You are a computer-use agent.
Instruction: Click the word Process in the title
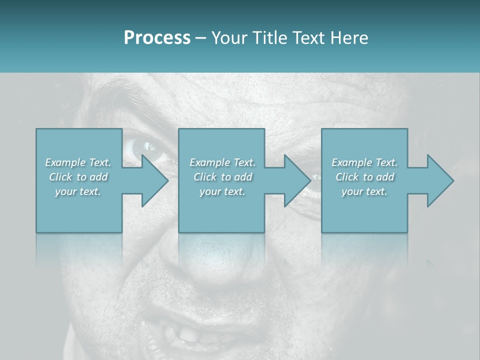[157, 38]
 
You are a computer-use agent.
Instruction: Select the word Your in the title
[228, 38]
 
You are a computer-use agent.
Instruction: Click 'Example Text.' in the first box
[78, 162]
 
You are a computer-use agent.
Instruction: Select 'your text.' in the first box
[78, 191]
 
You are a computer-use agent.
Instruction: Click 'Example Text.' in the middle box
[222, 162]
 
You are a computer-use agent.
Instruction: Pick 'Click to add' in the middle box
[222, 177]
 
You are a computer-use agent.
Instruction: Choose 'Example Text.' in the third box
[364, 162]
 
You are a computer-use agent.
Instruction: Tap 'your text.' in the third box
[364, 191]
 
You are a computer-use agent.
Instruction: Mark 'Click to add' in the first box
[78, 177]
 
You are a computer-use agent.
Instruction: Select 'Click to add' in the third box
[364, 177]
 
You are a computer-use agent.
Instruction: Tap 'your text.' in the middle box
[222, 191]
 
